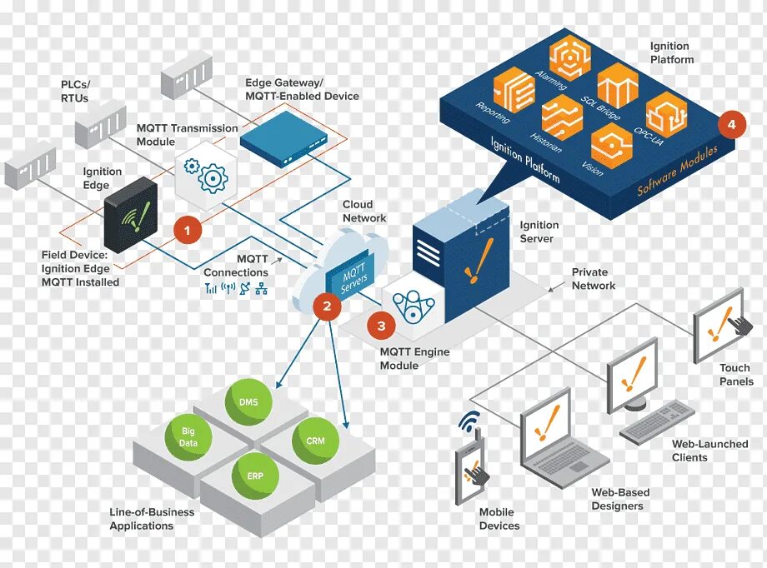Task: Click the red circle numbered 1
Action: click(188, 229)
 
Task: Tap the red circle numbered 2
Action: click(327, 306)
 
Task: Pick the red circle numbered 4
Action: click(731, 125)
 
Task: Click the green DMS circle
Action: click(248, 402)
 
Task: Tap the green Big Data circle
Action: click(188, 437)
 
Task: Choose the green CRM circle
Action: click(315, 441)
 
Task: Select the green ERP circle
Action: click(255, 476)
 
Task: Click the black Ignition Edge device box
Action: click(131, 214)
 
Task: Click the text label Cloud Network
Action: click(364, 212)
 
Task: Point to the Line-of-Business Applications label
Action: click(152, 519)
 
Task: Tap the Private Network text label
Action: click(593, 279)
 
